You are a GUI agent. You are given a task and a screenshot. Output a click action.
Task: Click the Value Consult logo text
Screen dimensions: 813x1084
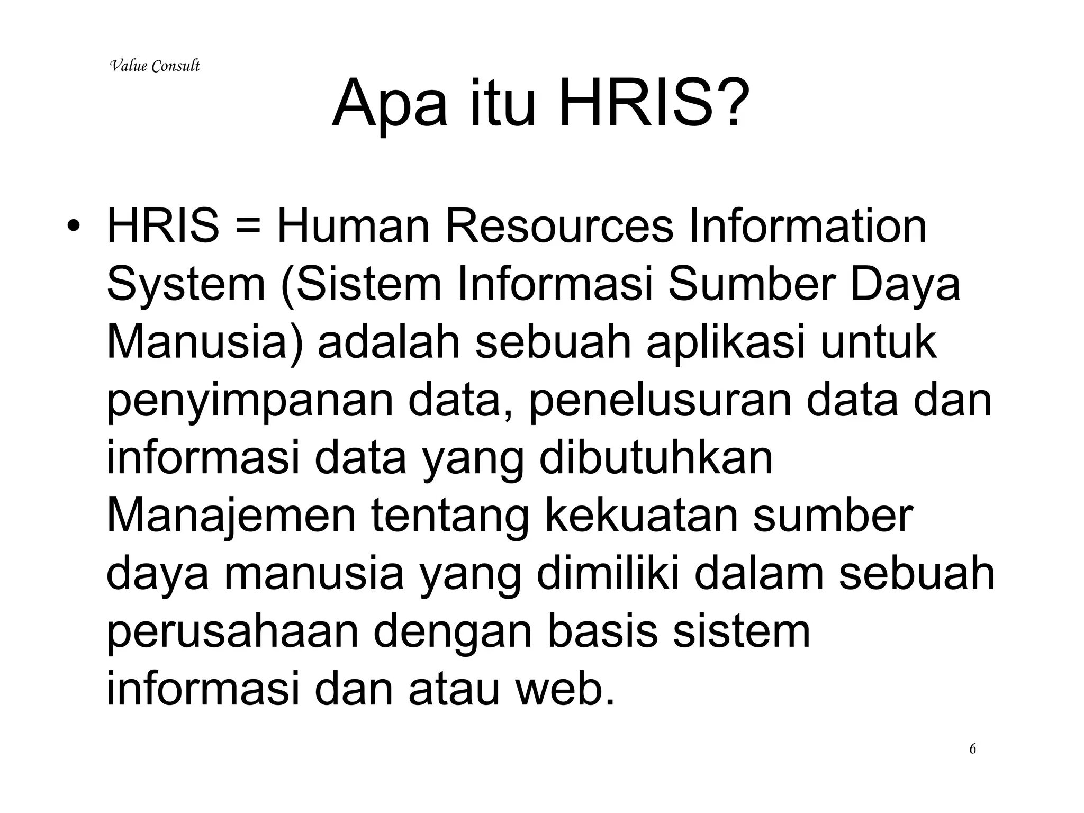(155, 66)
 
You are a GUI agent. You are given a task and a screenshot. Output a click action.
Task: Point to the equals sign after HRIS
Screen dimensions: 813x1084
(248, 227)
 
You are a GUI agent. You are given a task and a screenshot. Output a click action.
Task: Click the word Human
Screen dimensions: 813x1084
(353, 227)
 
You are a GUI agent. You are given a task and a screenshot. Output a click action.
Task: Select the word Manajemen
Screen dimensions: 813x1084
(231, 516)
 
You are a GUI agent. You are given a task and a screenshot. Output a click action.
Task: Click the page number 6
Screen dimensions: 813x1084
(972, 749)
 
